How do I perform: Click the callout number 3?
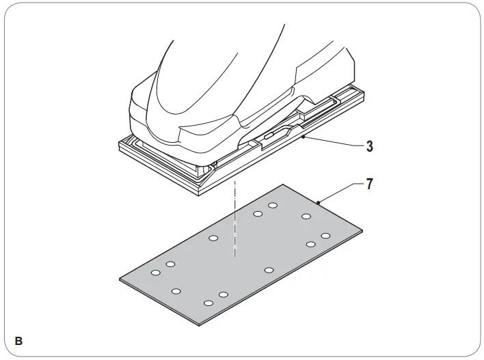pos(369,146)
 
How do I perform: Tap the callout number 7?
pos(369,184)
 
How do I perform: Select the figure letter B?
pos(18,340)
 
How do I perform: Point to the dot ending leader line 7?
pos(319,202)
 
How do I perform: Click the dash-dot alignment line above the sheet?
pos(234,219)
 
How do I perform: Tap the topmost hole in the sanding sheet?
pos(273,206)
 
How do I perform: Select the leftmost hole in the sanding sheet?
pos(156,273)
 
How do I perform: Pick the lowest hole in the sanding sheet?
pos(209,303)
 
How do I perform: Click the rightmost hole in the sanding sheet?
pos(325,236)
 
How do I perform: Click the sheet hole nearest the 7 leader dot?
pos(307,217)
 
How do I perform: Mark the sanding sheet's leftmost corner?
pos(120,278)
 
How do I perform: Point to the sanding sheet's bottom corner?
pos(200,322)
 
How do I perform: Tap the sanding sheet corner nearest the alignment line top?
pos(284,184)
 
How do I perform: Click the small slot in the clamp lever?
pos(268,137)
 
